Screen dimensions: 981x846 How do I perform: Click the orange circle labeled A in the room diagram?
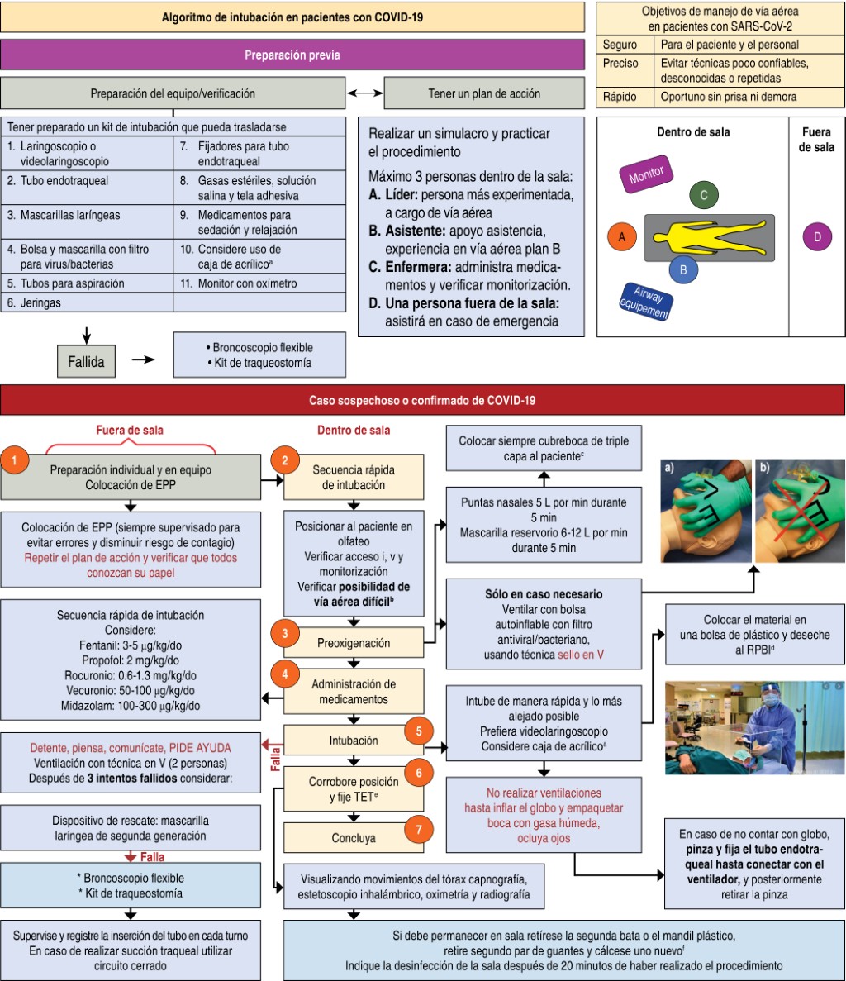tap(622, 236)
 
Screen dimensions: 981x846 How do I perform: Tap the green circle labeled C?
tap(703, 195)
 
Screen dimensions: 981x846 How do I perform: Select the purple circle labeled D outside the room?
tap(816, 237)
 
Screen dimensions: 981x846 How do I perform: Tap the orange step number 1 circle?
tap(16, 460)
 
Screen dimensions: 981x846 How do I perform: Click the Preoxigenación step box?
tap(354, 642)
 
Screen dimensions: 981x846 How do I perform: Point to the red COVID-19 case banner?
tap(422, 401)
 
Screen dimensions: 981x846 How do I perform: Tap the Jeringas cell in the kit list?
tap(86, 302)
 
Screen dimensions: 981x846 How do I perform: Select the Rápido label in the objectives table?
tap(620, 97)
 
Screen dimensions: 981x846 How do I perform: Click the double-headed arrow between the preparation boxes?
tap(364, 93)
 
